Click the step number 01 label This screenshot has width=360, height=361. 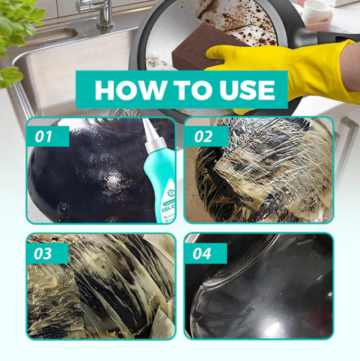pyautogui.click(x=44, y=137)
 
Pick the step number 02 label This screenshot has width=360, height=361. pyautogui.click(x=203, y=137)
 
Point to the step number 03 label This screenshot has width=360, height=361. pyautogui.click(x=44, y=253)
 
